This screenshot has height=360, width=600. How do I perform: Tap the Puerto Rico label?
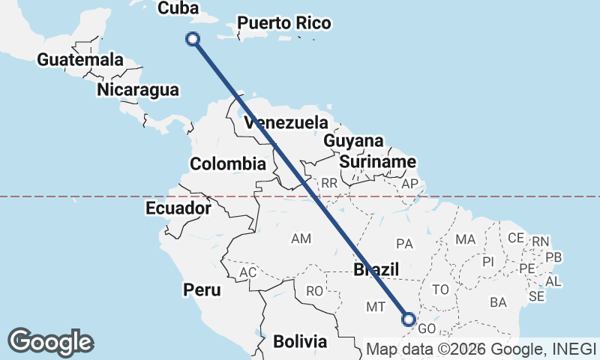tap(284, 24)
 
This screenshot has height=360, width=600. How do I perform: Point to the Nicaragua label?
tap(138, 91)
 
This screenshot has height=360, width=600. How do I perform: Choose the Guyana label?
tap(353, 141)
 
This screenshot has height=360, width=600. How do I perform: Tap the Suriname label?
tap(377, 162)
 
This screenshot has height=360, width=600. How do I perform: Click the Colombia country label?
tap(228, 164)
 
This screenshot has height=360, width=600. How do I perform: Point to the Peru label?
tap(202, 289)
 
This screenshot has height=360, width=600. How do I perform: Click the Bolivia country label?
tap(300, 341)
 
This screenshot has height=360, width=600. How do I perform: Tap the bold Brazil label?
tap(376, 270)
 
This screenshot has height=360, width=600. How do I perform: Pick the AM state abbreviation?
tap(301, 238)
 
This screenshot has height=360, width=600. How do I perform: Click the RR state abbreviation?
tap(328, 183)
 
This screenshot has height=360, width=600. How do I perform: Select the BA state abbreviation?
tap(498, 302)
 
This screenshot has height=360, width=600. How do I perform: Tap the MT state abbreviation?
tap(376, 306)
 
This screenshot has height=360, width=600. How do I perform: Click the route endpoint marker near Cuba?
tap(194, 39)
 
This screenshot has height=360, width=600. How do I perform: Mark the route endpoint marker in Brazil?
tap(409, 319)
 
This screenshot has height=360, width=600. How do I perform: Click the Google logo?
tap(50, 342)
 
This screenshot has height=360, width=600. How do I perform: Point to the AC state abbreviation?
tap(247, 272)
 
